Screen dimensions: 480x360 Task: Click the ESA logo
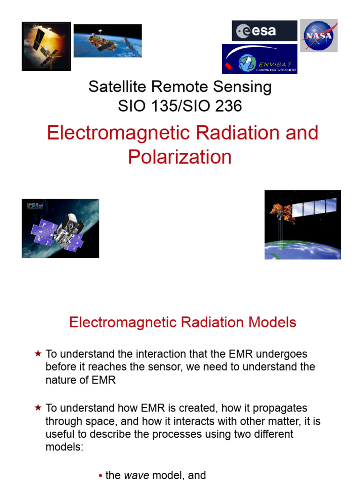click(x=264, y=31)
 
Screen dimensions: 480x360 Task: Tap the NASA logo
click(x=319, y=35)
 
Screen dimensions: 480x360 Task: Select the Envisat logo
click(x=259, y=59)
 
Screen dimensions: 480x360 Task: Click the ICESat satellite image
click(x=60, y=228)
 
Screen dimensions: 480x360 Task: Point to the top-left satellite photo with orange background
click(x=46, y=46)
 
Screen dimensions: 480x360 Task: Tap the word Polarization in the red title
click(x=180, y=157)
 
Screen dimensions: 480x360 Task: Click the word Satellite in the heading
click(x=117, y=87)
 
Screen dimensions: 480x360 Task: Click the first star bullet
click(x=38, y=354)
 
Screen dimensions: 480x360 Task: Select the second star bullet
click(x=38, y=408)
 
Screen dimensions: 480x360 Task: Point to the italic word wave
click(x=136, y=475)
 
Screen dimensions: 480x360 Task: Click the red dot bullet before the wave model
click(x=101, y=476)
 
